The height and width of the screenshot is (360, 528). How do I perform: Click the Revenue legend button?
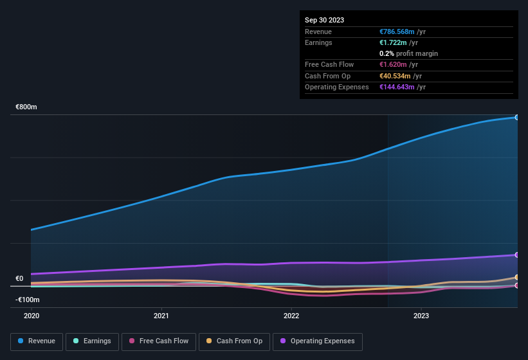coord(37,341)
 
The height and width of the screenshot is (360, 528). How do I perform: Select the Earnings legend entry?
coord(92,341)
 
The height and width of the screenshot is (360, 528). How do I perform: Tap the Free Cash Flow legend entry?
coord(159,341)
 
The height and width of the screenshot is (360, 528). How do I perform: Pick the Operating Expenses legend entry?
coord(317,341)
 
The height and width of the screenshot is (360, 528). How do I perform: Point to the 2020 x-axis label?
coord(32,316)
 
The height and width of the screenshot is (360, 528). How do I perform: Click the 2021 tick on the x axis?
coord(161,316)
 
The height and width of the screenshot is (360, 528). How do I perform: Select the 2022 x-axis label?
coord(291,316)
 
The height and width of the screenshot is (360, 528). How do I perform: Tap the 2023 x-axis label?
coord(421,316)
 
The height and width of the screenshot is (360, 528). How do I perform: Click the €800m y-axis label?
coord(26,107)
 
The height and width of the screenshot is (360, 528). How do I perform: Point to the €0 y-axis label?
coord(19,278)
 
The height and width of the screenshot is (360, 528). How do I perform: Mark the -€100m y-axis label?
coord(28,300)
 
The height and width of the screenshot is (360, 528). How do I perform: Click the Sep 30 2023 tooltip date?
coord(324,20)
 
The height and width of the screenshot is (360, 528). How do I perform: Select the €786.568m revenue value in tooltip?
coord(397,32)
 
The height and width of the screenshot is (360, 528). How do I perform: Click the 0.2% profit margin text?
coord(408,53)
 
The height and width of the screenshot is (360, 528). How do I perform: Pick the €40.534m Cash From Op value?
coord(395,76)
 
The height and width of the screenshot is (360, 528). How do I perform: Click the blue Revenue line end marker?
coord(516,117)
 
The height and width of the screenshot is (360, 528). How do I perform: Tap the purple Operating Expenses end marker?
coord(516,255)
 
